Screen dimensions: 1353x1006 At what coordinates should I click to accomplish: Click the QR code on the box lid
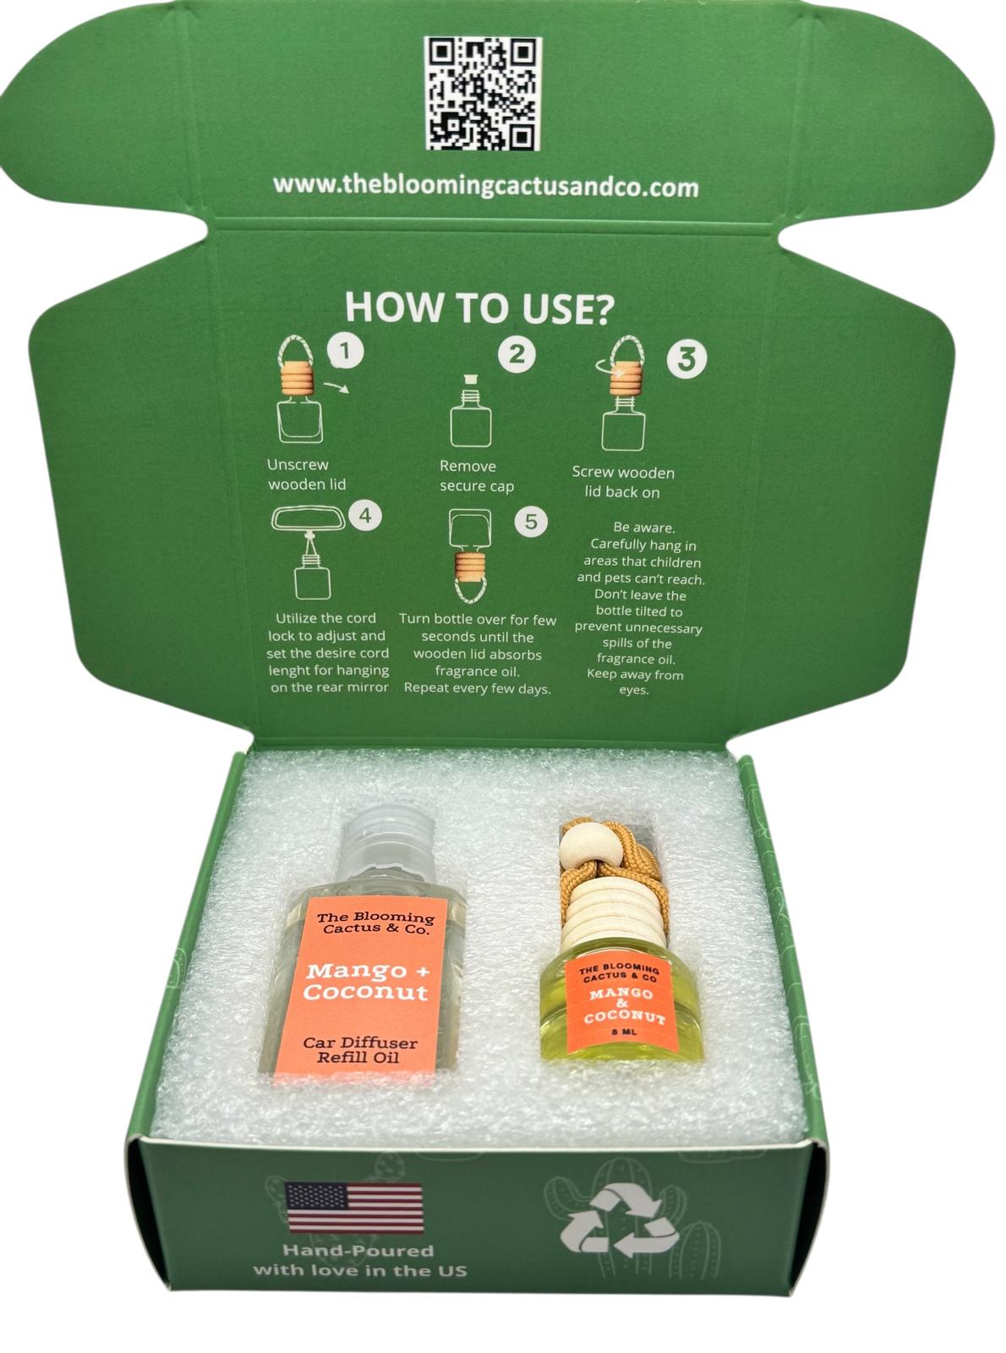[x=482, y=93]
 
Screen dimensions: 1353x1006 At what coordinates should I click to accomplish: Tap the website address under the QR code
[x=486, y=186]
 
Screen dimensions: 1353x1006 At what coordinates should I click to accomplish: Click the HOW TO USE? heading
[x=478, y=308]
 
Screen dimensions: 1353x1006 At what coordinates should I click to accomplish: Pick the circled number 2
[x=517, y=354]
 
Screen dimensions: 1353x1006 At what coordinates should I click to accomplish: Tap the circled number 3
[x=686, y=358]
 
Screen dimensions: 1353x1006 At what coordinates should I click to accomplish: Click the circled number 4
[x=364, y=515]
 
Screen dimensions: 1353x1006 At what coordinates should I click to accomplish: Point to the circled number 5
[x=530, y=522]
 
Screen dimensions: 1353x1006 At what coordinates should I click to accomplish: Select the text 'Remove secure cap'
[x=476, y=476]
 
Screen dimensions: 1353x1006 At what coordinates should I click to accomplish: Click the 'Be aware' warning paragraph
[x=639, y=609]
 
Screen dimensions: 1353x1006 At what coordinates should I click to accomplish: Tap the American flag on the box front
[x=354, y=1207]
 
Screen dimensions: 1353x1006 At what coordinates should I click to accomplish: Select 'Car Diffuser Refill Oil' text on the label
[x=359, y=1049]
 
